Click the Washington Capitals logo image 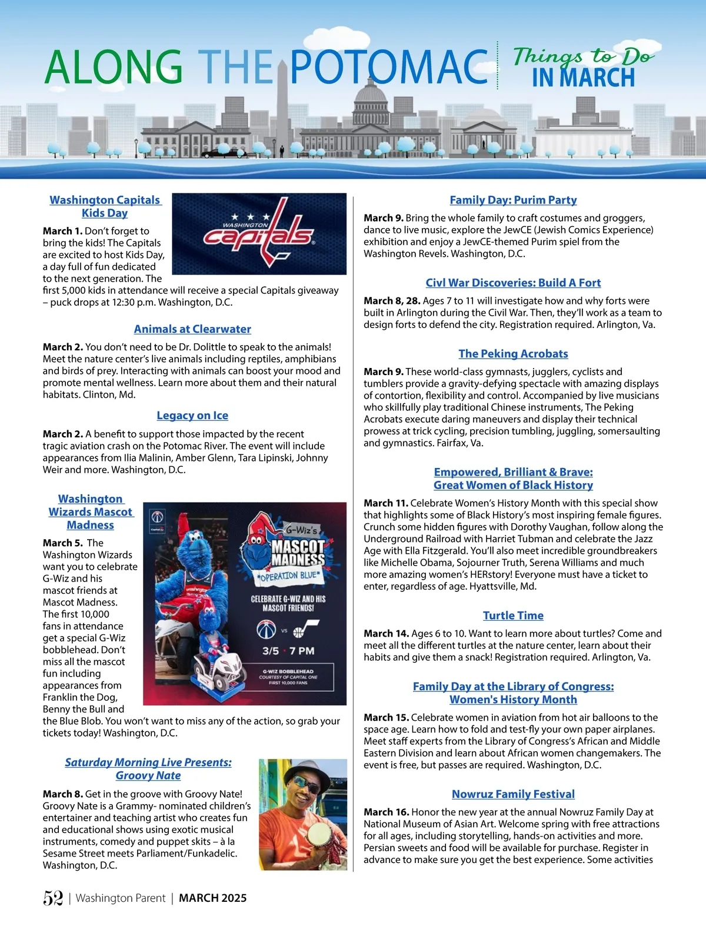click(x=259, y=233)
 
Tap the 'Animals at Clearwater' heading click(x=192, y=329)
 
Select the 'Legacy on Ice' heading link click(x=192, y=416)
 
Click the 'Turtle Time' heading click(x=513, y=615)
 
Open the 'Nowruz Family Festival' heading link click(x=513, y=794)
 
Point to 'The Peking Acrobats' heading click(x=513, y=354)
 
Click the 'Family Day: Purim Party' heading click(x=513, y=200)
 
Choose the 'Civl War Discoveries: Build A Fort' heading click(x=513, y=283)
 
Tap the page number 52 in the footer click(x=53, y=898)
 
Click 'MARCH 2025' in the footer click(x=212, y=898)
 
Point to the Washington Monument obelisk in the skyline click(x=282, y=106)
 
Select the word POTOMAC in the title click(x=389, y=66)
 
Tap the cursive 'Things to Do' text click(x=582, y=56)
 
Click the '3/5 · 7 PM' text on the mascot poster click(x=288, y=651)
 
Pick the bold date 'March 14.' click(x=386, y=633)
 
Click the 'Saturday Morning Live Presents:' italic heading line click(x=148, y=762)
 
